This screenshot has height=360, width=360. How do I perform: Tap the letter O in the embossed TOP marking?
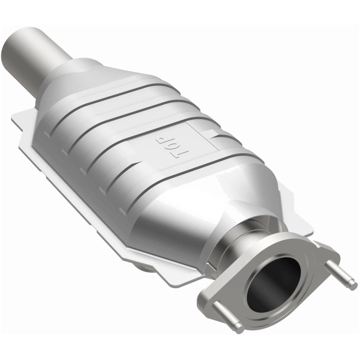click(179, 145)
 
